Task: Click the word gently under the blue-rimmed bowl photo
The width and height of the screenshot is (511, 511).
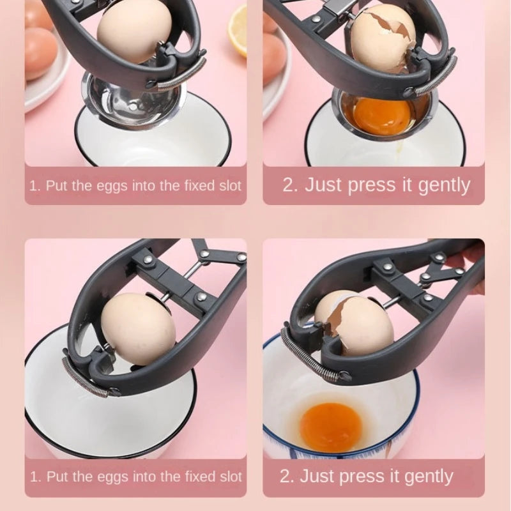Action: tap(423, 477)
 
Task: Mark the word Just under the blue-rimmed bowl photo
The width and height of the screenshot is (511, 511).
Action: tap(319, 476)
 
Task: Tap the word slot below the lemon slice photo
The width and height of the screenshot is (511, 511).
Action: tap(227, 187)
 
